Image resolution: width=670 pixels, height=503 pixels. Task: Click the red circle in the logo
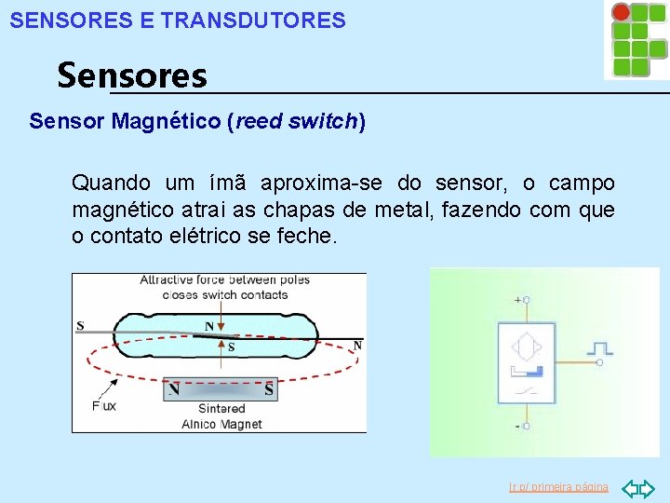tap(621, 12)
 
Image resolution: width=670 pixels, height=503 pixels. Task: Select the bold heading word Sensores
tap(132, 75)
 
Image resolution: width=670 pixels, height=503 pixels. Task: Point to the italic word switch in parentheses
tap(327, 121)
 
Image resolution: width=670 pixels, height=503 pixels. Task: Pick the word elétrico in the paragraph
tap(201, 237)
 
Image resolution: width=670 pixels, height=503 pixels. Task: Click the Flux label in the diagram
tap(104, 405)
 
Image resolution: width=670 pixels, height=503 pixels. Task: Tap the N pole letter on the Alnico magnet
tap(174, 390)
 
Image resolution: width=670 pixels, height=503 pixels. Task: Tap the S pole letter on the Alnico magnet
tap(269, 390)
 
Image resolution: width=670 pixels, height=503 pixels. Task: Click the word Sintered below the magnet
tap(221, 408)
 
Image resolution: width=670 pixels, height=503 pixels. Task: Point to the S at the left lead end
tap(80, 326)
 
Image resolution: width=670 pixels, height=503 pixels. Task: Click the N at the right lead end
tap(357, 346)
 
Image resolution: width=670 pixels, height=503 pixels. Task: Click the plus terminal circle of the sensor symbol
tap(526, 300)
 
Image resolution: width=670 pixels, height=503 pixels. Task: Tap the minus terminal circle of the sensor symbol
tap(526, 426)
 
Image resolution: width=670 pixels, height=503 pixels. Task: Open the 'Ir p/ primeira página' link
tap(558, 487)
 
